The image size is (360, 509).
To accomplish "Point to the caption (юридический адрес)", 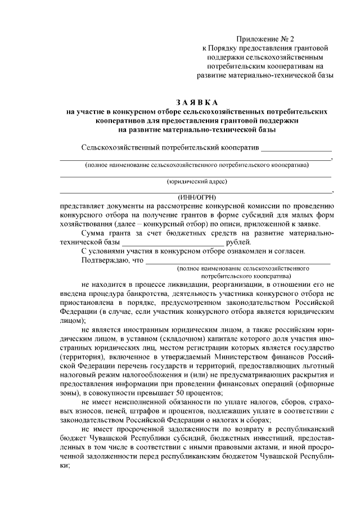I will (x=197, y=182).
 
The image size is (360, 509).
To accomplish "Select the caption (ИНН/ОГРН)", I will (x=197, y=197).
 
